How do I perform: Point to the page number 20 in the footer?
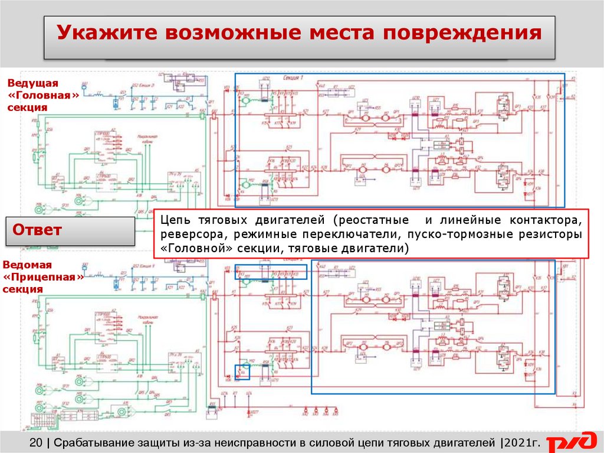(x=36, y=441)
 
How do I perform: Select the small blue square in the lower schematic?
(x=242, y=371)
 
